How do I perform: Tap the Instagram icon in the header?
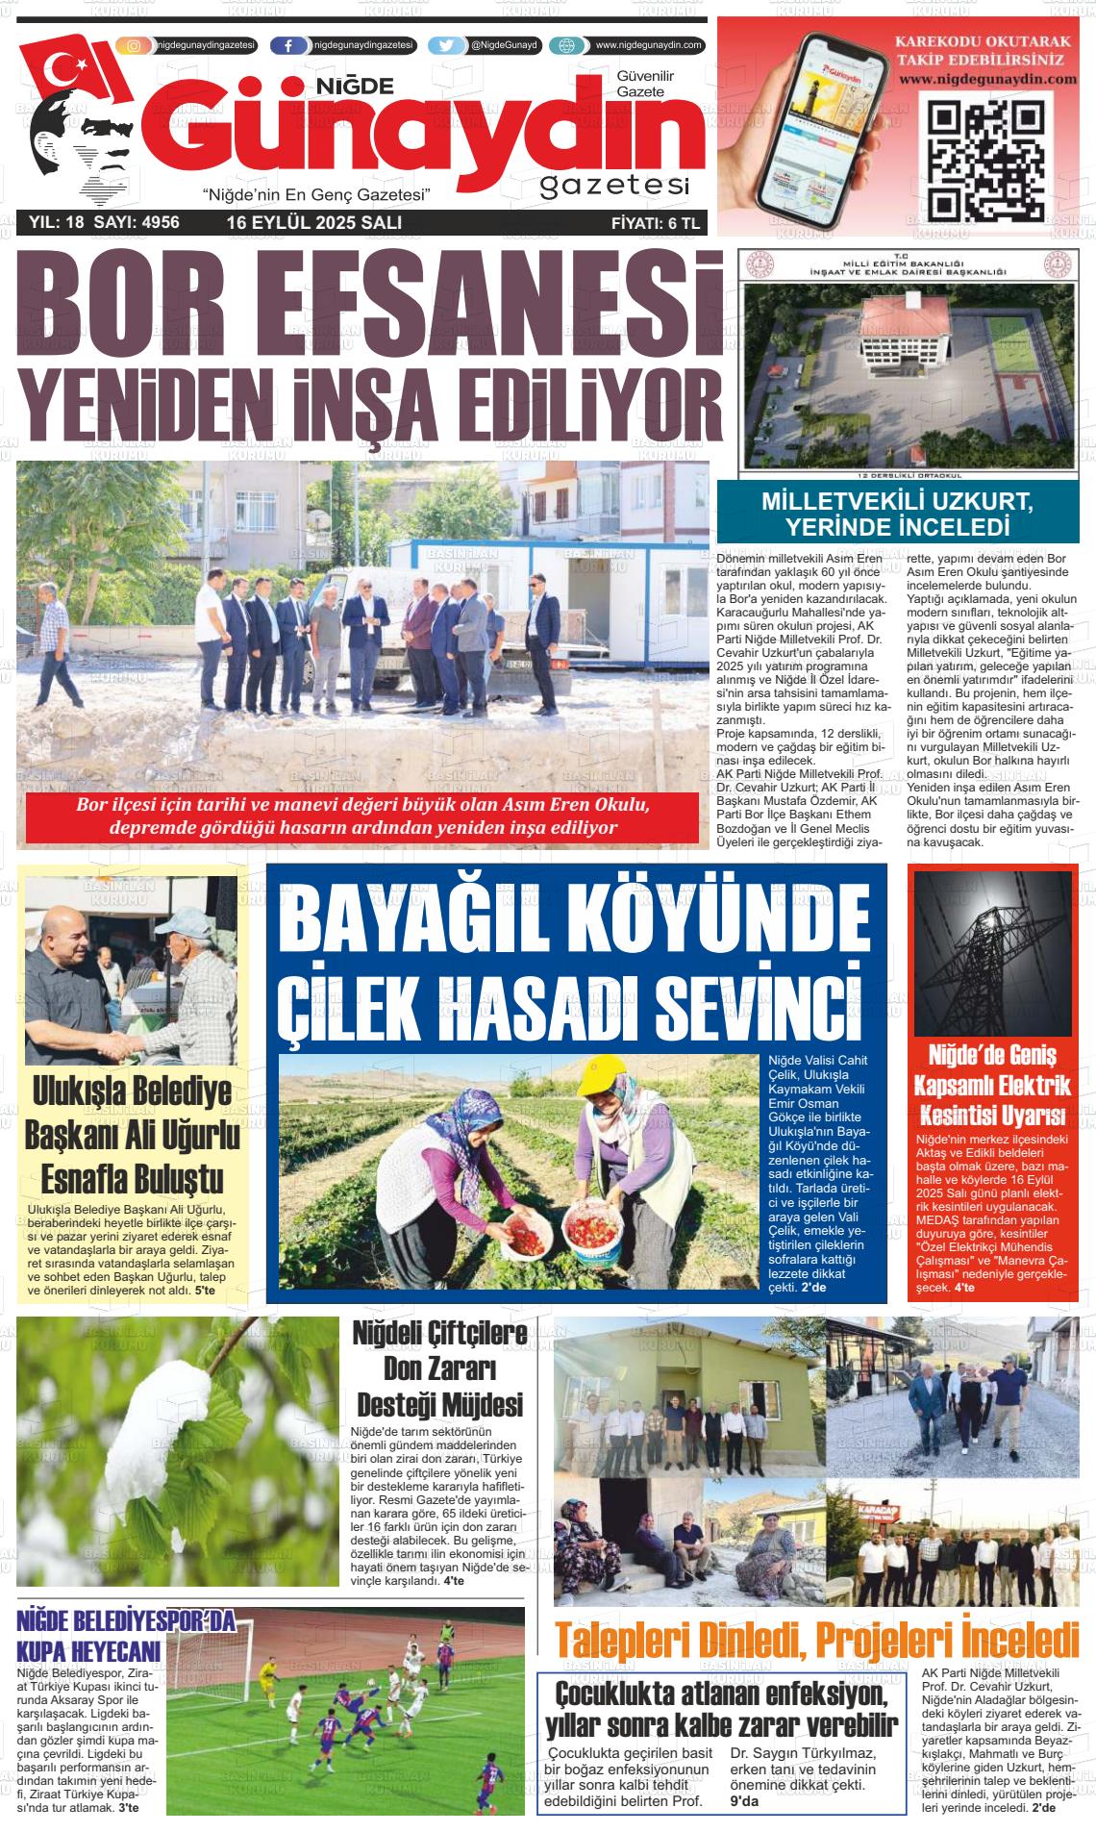[x=134, y=45]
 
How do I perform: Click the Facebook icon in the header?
[x=288, y=45]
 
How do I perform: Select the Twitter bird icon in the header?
[x=445, y=45]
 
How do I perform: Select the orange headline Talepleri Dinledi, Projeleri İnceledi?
[x=817, y=1640]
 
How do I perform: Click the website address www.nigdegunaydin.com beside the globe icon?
[x=649, y=45]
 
